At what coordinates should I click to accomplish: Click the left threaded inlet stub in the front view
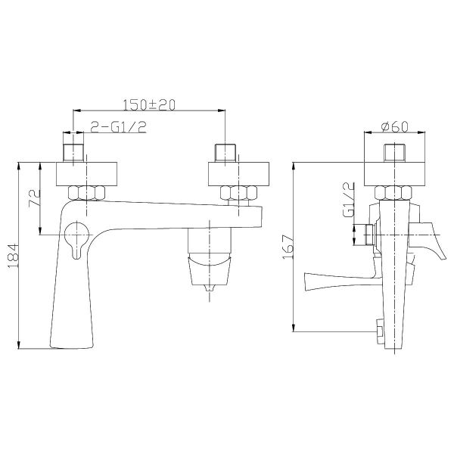click(73, 151)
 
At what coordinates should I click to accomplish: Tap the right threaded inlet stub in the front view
click(226, 151)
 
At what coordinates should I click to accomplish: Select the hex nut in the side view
click(394, 194)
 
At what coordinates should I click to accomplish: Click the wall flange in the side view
click(395, 173)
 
